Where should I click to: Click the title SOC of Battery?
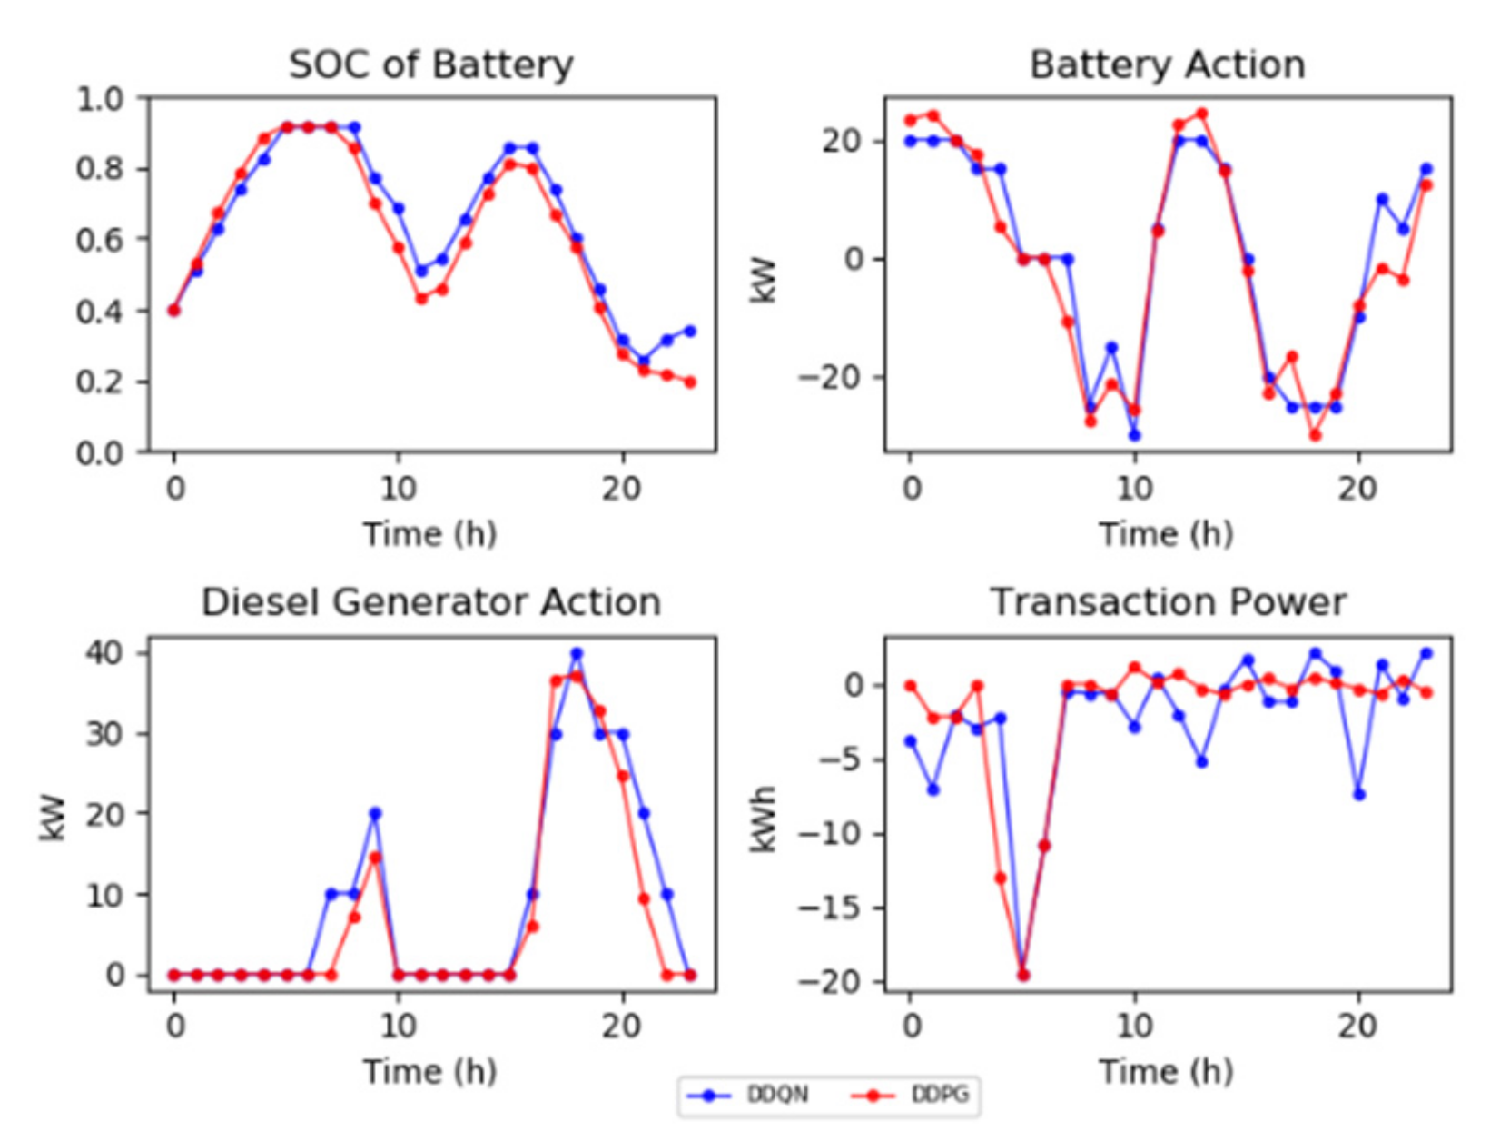click(x=430, y=64)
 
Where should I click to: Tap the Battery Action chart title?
click(x=1167, y=64)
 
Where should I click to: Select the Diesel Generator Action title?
click(x=430, y=602)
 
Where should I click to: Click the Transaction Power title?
click(x=1167, y=602)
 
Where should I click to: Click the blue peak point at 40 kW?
click(x=577, y=653)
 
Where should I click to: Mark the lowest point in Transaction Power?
click(x=1023, y=975)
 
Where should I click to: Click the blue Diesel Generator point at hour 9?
click(x=375, y=814)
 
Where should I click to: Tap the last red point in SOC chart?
click(x=690, y=382)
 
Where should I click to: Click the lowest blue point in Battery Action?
click(x=1134, y=435)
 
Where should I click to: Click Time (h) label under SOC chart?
click(x=430, y=534)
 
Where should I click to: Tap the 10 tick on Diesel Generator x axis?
click(x=398, y=1027)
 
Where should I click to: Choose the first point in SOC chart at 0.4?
click(x=174, y=311)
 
